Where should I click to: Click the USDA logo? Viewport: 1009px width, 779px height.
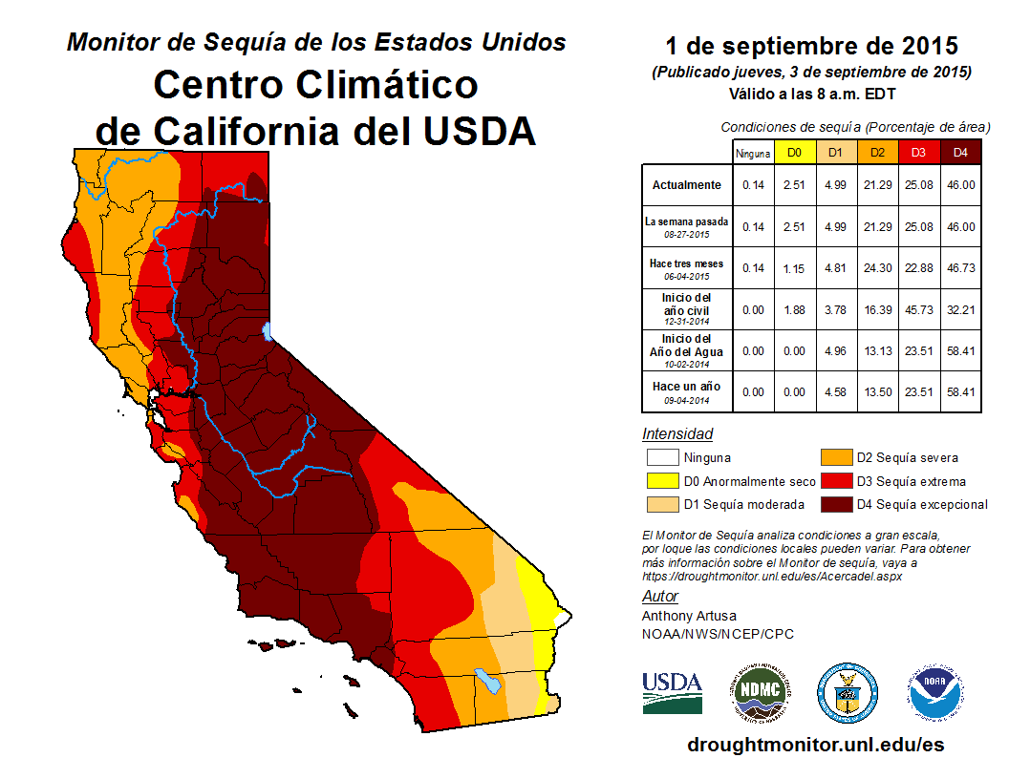672,693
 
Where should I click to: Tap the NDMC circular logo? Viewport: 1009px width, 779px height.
761,693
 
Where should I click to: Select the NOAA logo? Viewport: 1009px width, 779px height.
935,693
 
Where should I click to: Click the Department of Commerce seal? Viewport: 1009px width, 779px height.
848,693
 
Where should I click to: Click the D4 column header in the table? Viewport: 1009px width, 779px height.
960,153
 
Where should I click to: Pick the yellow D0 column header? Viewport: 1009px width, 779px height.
795,153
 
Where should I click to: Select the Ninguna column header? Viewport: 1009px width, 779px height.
753,154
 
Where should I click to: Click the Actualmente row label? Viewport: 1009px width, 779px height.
687,185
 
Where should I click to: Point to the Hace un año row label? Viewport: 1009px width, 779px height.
687,387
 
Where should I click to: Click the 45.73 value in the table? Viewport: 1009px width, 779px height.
919,310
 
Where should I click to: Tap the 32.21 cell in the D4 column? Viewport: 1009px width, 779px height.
960,310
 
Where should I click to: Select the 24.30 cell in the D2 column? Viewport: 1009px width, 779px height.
878,268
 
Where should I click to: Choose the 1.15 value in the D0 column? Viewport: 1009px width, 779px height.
794,268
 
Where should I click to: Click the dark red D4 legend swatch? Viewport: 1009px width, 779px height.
837,505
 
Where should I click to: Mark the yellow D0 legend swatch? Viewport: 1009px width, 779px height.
663,481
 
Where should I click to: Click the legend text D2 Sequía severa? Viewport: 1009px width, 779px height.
908,457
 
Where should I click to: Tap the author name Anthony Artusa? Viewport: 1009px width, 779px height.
689,616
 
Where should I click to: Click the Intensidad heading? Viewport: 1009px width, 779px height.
677,433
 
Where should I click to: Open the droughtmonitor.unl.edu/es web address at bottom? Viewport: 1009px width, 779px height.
815,745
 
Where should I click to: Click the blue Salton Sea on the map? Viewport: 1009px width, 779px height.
487,682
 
